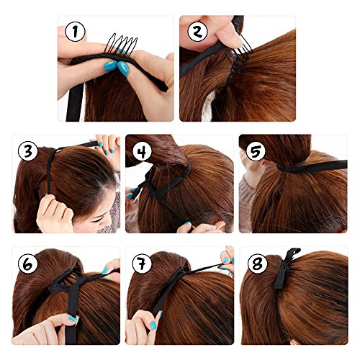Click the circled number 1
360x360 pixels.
[76, 32]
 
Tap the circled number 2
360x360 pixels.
[197, 32]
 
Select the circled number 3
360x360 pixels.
[28, 151]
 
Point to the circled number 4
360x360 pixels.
[143, 151]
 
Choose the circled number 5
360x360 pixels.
[256, 151]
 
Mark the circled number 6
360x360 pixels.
[28, 264]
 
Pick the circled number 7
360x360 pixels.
[142, 264]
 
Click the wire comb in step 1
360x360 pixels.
[120, 45]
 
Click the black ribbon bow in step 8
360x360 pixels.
[286, 268]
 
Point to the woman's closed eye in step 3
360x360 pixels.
[99, 220]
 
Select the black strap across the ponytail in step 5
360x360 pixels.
[312, 166]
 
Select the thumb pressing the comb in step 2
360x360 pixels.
[229, 36]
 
